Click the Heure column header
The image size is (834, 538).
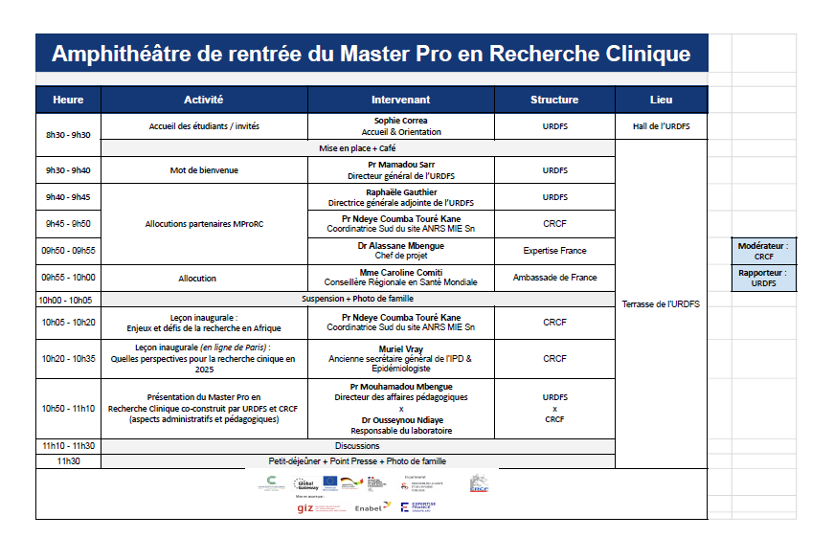pos(68,100)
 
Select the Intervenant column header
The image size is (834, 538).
pos(400,100)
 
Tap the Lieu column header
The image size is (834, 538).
pos(661,100)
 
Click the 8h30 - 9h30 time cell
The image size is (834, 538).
pos(68,135)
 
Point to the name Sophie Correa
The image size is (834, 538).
pos(400,121)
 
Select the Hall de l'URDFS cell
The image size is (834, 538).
pos(661,126)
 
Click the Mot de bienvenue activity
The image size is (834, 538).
pos(204,170)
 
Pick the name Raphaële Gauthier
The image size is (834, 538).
pos(400,191)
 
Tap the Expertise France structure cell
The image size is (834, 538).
pos(554,251)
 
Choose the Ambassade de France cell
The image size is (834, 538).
pos(554,278)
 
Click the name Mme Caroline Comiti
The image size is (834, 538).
pos(400,272)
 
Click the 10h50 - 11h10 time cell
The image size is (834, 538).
pos(68,408)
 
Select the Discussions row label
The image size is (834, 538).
pos(357,445)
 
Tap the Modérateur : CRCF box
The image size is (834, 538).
pos(763,251)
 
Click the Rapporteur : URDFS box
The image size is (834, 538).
pos(763,278)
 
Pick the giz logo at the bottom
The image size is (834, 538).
pos(305,507)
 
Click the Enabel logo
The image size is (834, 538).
pos(372,506)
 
